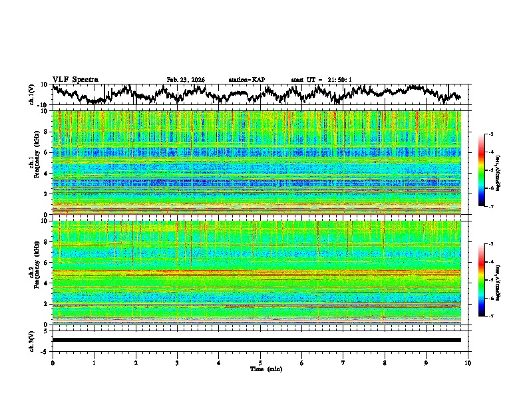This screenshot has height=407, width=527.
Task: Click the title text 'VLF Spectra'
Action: pos(75,79)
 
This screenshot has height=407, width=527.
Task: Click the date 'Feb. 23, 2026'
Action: pos(186,80)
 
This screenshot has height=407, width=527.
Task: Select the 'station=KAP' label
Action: pos(247,80)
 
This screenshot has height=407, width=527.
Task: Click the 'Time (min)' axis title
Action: pos(260,368)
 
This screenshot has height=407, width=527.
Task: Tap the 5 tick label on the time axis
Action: pos(260,362)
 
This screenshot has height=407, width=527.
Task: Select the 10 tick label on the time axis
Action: pos(468,362)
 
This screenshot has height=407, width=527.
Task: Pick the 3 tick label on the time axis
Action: pos(177,362)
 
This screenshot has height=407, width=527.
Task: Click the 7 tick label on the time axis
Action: pos(343,362)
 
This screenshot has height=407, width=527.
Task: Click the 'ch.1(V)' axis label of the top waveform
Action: pos(32,94)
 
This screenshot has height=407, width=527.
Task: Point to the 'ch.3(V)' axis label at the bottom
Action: pos(32,340)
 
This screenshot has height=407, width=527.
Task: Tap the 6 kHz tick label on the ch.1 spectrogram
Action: pos(47,152)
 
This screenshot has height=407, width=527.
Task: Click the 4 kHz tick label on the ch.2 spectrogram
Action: pos(47,283)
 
